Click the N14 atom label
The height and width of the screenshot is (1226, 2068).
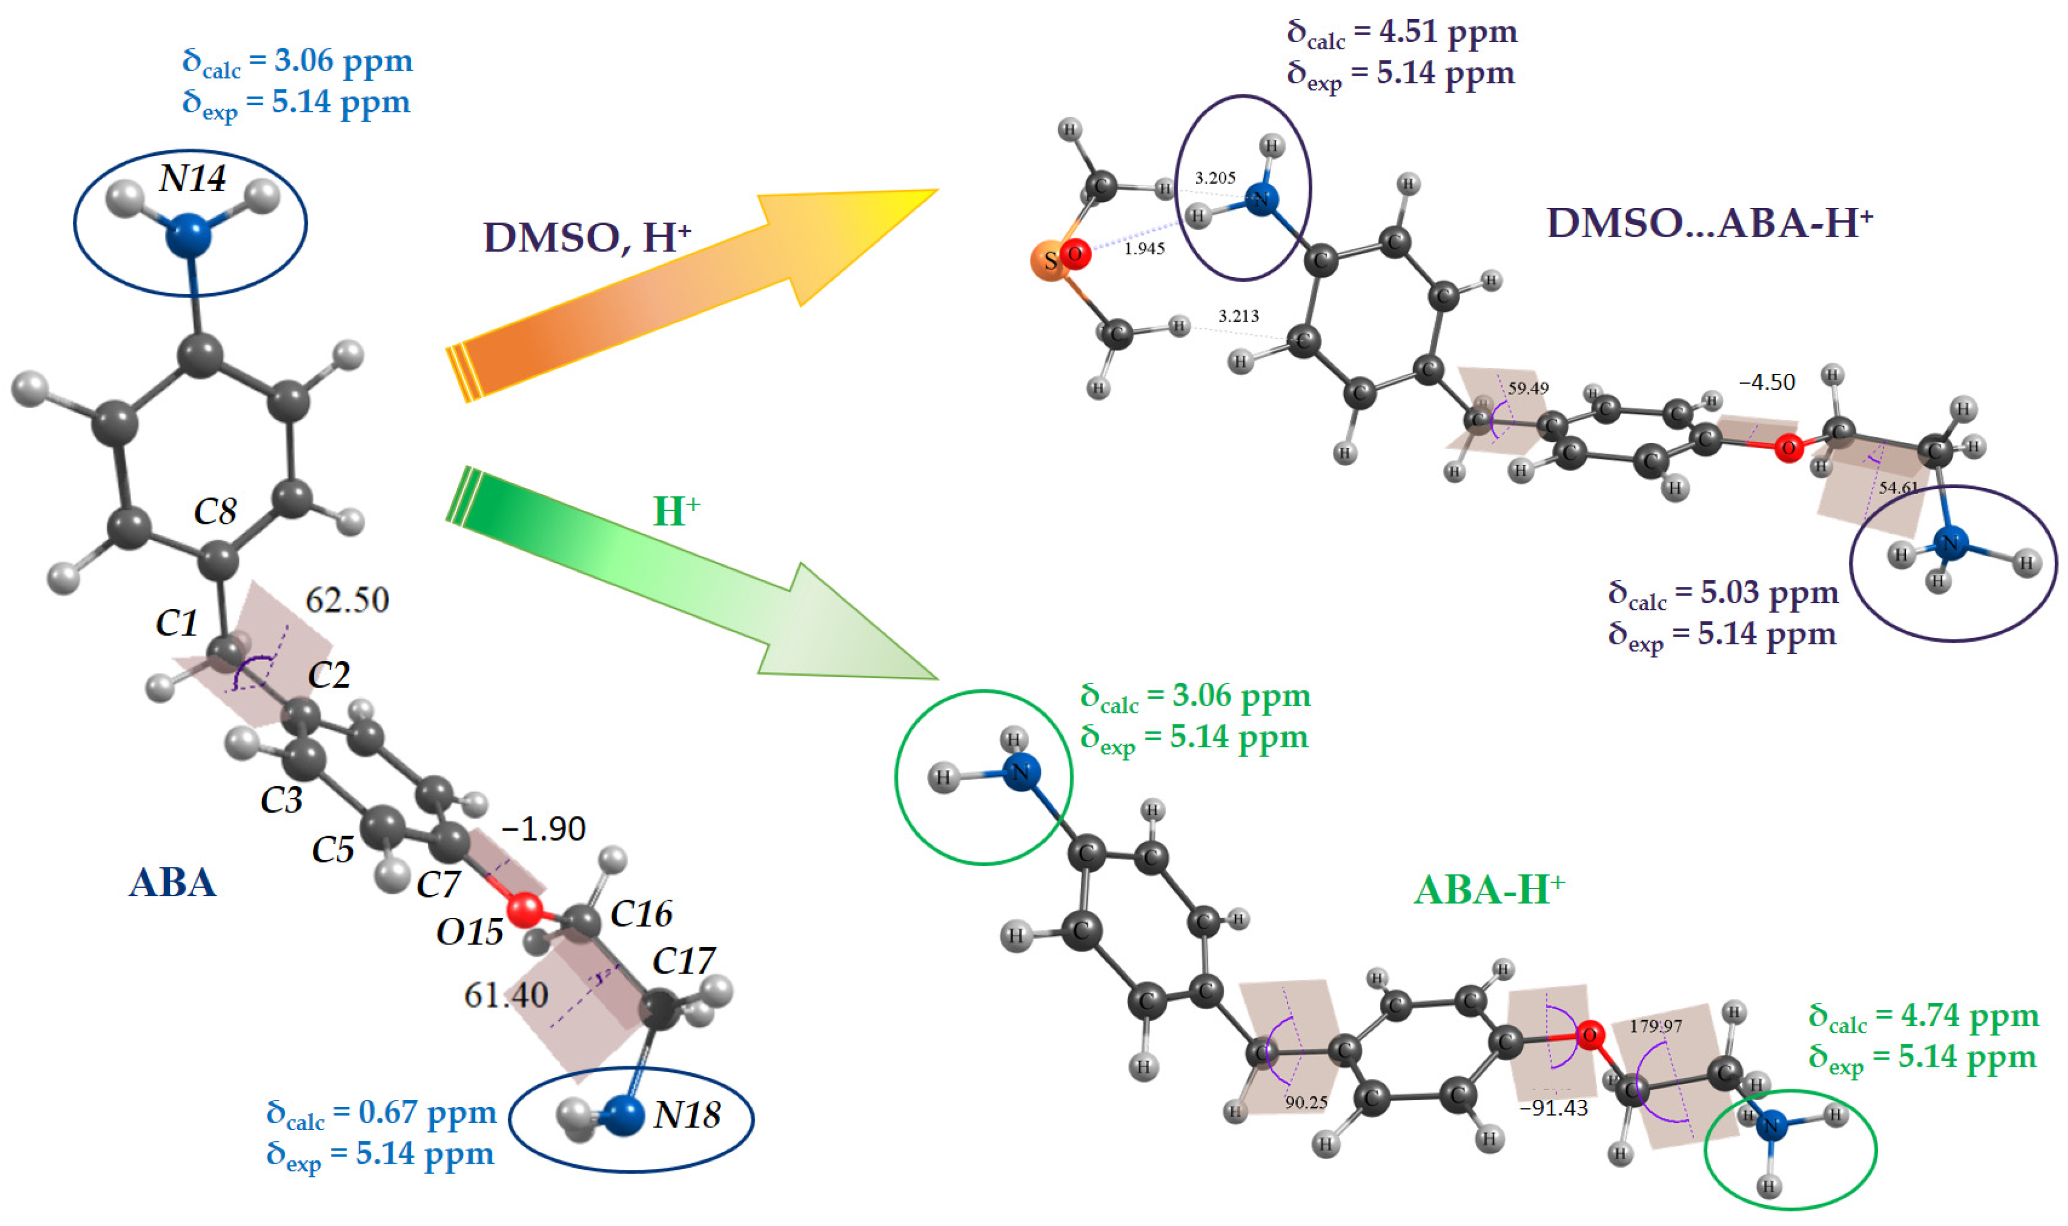click(192, 178)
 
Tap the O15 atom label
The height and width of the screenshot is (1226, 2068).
click(469, 932)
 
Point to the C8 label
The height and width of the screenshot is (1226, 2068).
click(215, 512)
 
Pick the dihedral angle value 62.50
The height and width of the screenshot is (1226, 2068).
click(347, 601)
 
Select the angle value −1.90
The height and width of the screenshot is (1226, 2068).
click(543, 828)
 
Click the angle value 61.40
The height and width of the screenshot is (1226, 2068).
click(505, 995)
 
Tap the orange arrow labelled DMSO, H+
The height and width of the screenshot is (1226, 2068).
click(661, 289)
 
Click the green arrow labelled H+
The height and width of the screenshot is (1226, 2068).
click(661, 578)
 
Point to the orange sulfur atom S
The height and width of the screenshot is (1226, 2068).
click(1049, 261)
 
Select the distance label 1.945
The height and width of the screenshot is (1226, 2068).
click(1144, 248)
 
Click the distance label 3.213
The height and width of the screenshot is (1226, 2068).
click(1238, 316)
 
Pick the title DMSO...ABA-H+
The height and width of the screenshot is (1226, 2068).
click(1709, 223)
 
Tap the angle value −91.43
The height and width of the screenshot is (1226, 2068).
click(1553, 1108)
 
